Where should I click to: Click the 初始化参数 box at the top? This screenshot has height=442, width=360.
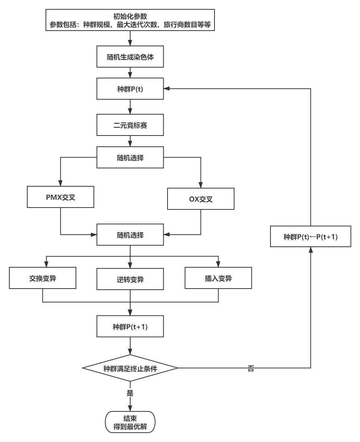[x=130, y=21]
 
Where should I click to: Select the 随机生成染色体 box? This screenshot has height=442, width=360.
[x=130, y=57]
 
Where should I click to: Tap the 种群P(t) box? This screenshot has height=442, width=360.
[x=130, y=89]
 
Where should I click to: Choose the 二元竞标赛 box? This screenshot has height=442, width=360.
[x=130, y=125]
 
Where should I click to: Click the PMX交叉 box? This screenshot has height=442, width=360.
[x=60, y=198]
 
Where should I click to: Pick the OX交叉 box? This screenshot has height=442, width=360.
[x=201, y=199]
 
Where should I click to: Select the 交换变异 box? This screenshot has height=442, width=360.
[x=43, y=278]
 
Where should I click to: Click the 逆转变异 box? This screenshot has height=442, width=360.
[x=130, y=279]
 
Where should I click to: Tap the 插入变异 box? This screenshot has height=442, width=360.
[x=218, y=278]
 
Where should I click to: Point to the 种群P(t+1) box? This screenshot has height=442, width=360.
[x=130, y=327]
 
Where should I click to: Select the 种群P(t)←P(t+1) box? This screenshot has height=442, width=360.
[x=310, y=236]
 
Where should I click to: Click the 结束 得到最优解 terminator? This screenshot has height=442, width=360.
[x=130, y=422]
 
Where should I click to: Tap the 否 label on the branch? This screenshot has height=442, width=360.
[x=251, y=368]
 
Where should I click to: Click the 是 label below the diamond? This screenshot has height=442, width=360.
[x=130, y=392]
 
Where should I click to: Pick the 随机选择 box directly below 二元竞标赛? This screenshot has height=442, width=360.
[x=130, y=158]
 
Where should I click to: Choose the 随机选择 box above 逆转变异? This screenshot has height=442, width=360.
[x=130, y=235]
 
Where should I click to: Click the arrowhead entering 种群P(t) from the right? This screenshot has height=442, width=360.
[x=167, y=89]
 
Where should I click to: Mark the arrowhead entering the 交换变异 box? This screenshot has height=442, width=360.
[x=46, y=264]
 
